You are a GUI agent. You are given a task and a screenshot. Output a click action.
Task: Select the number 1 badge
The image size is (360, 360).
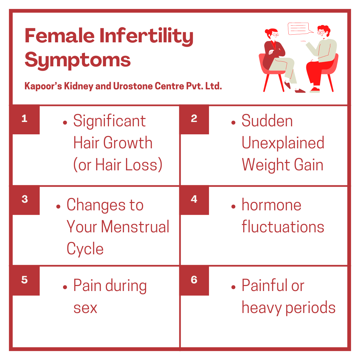(x=25, y=119)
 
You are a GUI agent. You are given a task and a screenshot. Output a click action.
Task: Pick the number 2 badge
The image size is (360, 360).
(x=194, y=119)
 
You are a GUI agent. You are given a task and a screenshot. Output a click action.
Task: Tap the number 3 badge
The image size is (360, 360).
(x=25, y=200)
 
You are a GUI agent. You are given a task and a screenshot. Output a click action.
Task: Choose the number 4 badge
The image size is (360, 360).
(x=194, y=200)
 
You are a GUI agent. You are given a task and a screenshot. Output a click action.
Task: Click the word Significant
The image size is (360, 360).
(x=109, y=121)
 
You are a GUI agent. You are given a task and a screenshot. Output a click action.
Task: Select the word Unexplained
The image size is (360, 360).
(x=283, y=143)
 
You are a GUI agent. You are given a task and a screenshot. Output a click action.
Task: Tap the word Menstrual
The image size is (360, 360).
(x=135, y=227)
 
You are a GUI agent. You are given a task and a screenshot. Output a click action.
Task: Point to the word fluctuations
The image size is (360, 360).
(x=283, y=227)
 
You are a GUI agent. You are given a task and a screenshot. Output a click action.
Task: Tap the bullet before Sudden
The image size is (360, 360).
(x=233, y=123)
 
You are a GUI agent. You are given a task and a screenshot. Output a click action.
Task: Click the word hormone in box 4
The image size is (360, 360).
(x=271, y=205)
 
